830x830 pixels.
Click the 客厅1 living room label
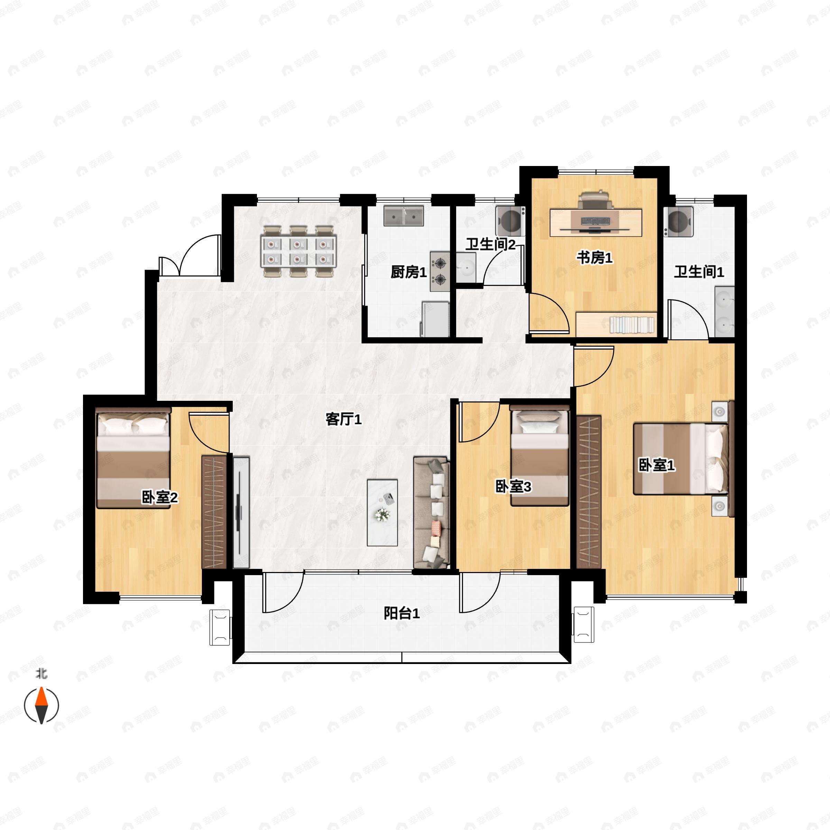click(x=343, y=419)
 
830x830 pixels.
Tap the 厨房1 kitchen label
click(x=408, y=272)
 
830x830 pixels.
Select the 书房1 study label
click(x=594, y=258)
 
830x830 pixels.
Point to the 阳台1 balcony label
click(x=402, y=614)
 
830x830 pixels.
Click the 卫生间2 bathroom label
click(x=491, y=245)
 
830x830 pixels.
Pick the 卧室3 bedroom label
click(x=513, y=487)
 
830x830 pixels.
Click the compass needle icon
click(x=41, y=705)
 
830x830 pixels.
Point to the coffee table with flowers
click(x=382, y=513)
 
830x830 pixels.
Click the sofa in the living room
click(x=431, y=513)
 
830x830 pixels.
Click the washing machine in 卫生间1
click(x=678, y=221)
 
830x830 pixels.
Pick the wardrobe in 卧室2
click(x=214, y=512)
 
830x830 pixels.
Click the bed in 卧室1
click(x=681, y=459)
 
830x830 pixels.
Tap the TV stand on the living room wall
click(x=241, y=513)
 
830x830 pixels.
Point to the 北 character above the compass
click(x=41, y=673)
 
